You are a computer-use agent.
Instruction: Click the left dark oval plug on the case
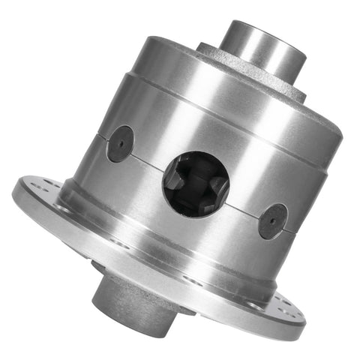click(120, 143)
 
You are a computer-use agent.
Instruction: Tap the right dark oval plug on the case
click(272, 220)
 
